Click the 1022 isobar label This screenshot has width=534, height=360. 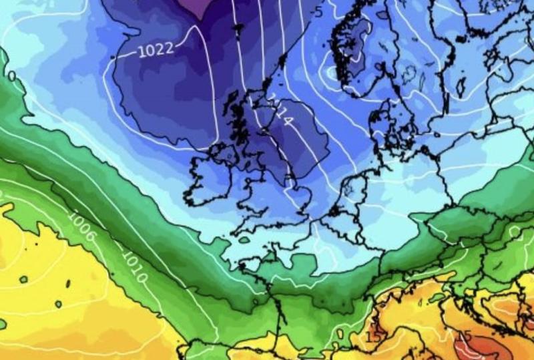156,49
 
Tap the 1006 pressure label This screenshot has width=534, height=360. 81,226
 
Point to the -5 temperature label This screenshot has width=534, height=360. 318,11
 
